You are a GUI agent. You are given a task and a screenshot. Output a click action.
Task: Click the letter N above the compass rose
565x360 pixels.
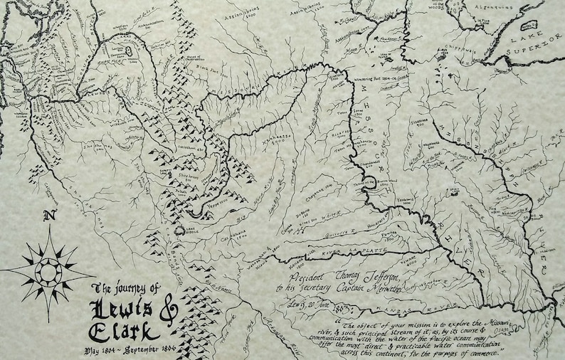pyautogui.click(x=48, y=217)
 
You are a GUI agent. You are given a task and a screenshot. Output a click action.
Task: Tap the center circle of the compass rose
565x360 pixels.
pyautogui.click(x=48, y=271)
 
